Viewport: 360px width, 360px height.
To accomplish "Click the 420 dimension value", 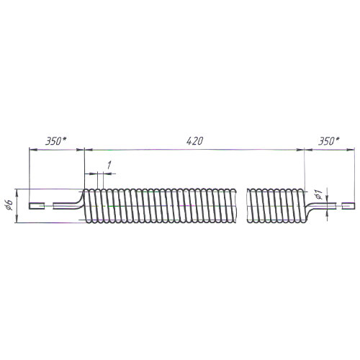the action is click(194, 141).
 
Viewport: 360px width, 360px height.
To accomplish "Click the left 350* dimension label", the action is click(56, 141).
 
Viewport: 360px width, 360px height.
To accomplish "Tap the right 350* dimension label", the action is click(329, 141).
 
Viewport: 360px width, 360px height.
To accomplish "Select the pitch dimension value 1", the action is click(109, 165).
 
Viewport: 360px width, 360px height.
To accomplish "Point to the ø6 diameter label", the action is click(9, 204).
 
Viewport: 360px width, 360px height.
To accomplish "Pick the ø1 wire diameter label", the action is click(318, 194).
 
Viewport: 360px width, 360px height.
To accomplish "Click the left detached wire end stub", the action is click(37, 206).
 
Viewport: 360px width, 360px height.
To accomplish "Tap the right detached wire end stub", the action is click(348, 206).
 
